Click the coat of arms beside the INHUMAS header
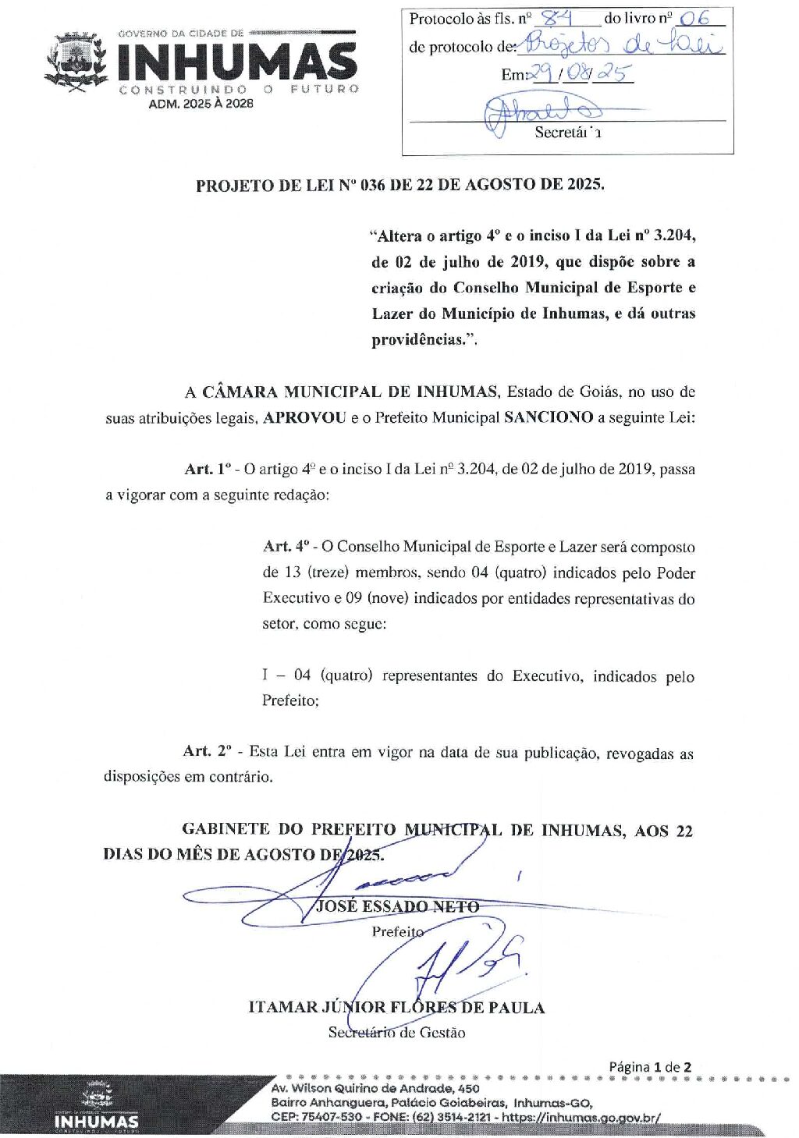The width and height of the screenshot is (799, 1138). tap(76, 62)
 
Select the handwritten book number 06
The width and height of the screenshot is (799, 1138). tap(694, 19)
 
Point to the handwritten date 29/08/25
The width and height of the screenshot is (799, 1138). tap(581, 73)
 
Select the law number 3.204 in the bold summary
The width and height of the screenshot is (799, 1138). tap(674, 235)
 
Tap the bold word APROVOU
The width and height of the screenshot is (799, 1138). tap(304, 417)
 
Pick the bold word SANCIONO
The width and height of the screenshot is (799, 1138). tap(549, 417)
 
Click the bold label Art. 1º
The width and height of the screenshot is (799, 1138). tap(208, 469)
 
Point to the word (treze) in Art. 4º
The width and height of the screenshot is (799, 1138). tap(326, 573)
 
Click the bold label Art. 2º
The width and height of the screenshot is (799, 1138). tap(208, 750)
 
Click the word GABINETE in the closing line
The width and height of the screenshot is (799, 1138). tap(225, 829)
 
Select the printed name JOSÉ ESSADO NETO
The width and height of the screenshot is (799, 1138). tap(397, 906)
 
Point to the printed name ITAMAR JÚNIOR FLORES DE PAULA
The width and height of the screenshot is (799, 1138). tap(396, 1007)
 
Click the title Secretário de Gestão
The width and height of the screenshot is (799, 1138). tap(396, 1033)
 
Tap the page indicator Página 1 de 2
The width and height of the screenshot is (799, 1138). tap(650, 1066)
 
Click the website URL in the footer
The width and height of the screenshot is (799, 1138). tap(581, 1117)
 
